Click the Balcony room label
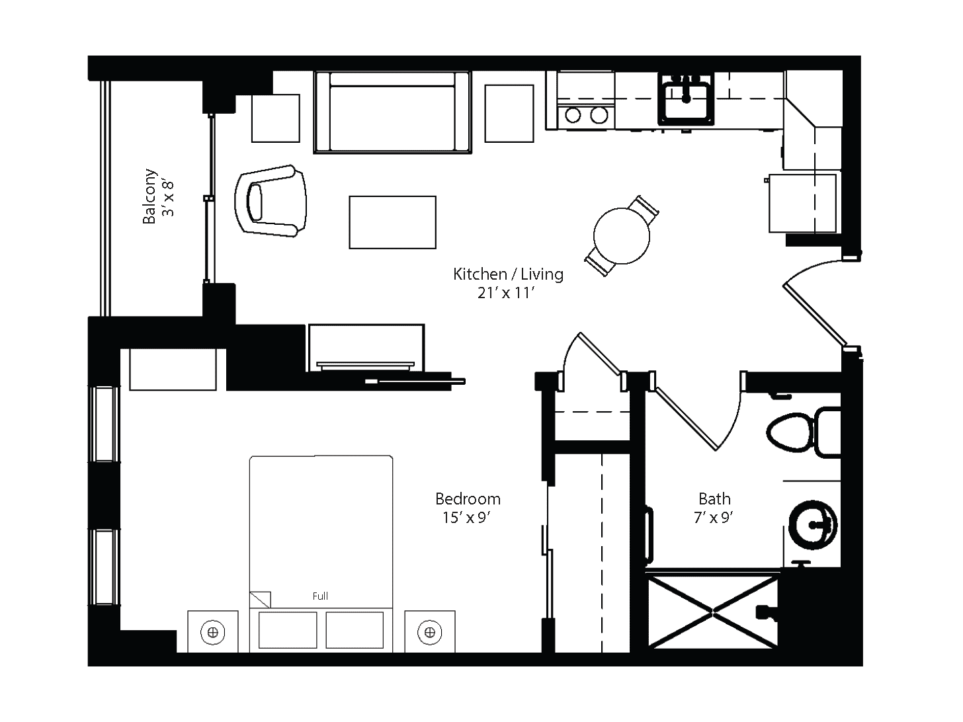[x=149, y=196]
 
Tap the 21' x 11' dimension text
[x=506, y=293]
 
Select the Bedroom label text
[x=468, y=499]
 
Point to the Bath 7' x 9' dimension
[x=714, y=518]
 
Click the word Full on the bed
[x=320, y=596]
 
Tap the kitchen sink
[x=686, y=100]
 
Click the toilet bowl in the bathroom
[x=790, y=433]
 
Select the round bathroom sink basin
[x=812, y=525]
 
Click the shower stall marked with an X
[x=712, y=612]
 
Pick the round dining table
[x=621, y=236]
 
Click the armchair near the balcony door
[x=271, y=201]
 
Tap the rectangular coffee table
[x=393, y=222]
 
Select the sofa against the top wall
[x=393, y=112]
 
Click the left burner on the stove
[x=573, y=116]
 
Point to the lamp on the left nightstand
[x=213, y=633]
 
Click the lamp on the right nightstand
[x=430, y=633]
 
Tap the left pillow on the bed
[x=288, y=630]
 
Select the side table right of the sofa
[x=509, y=114]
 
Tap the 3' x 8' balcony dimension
[x=169, y=198]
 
